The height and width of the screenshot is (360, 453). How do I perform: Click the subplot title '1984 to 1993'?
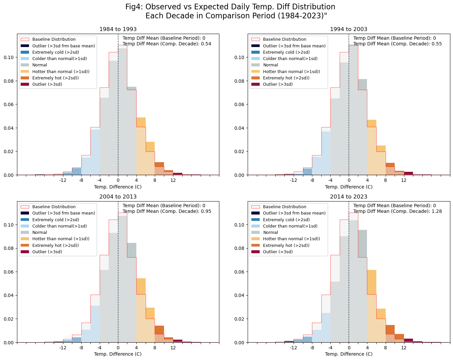point(118,29)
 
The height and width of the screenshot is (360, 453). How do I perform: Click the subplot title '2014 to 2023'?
point(349,197)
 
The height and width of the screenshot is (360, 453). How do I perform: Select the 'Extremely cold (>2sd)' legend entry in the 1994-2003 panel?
point(286,52)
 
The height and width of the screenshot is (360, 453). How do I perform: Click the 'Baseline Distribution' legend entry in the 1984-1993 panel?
point(54,39)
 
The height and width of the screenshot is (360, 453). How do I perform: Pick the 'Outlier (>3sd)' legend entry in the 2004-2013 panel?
point(47,252)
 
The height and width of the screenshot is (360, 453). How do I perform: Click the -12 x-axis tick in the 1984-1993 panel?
point(63,180)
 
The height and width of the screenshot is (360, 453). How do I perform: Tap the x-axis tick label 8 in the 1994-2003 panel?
point(386,180)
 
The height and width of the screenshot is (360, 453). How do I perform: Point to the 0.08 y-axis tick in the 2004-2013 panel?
point(9,248)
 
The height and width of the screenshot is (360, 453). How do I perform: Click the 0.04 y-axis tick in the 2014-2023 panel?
point(240,295)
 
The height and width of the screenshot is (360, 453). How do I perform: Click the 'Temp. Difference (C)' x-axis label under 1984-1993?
point(118,187)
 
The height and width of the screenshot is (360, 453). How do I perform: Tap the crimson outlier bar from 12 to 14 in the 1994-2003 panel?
point(408,173)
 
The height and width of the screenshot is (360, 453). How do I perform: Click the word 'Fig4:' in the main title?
point(134,7)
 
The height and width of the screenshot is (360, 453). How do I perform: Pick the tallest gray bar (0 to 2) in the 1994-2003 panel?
point(353,110)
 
